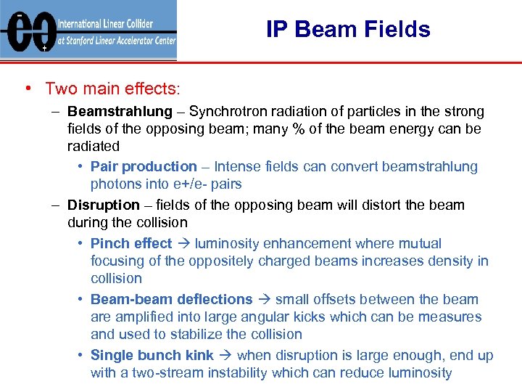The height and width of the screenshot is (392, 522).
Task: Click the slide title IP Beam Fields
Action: (348, 29)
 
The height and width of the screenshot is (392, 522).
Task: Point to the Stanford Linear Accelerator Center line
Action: (116, 41)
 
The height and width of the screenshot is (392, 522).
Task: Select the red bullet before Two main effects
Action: (27, 89)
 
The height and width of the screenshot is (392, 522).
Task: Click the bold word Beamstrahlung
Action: (120, 112)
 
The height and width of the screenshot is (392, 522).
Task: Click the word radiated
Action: (94, 147)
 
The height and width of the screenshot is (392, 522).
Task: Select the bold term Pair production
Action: (144, 167)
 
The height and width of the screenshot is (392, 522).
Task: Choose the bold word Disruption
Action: (103, 205)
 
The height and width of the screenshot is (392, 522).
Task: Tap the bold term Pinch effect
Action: (131, 244)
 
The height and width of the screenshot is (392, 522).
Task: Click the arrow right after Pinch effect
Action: (183, 244)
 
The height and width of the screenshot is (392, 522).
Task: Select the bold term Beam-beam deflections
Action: (171, 299)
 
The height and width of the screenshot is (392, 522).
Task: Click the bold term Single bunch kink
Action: (152, 355)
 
